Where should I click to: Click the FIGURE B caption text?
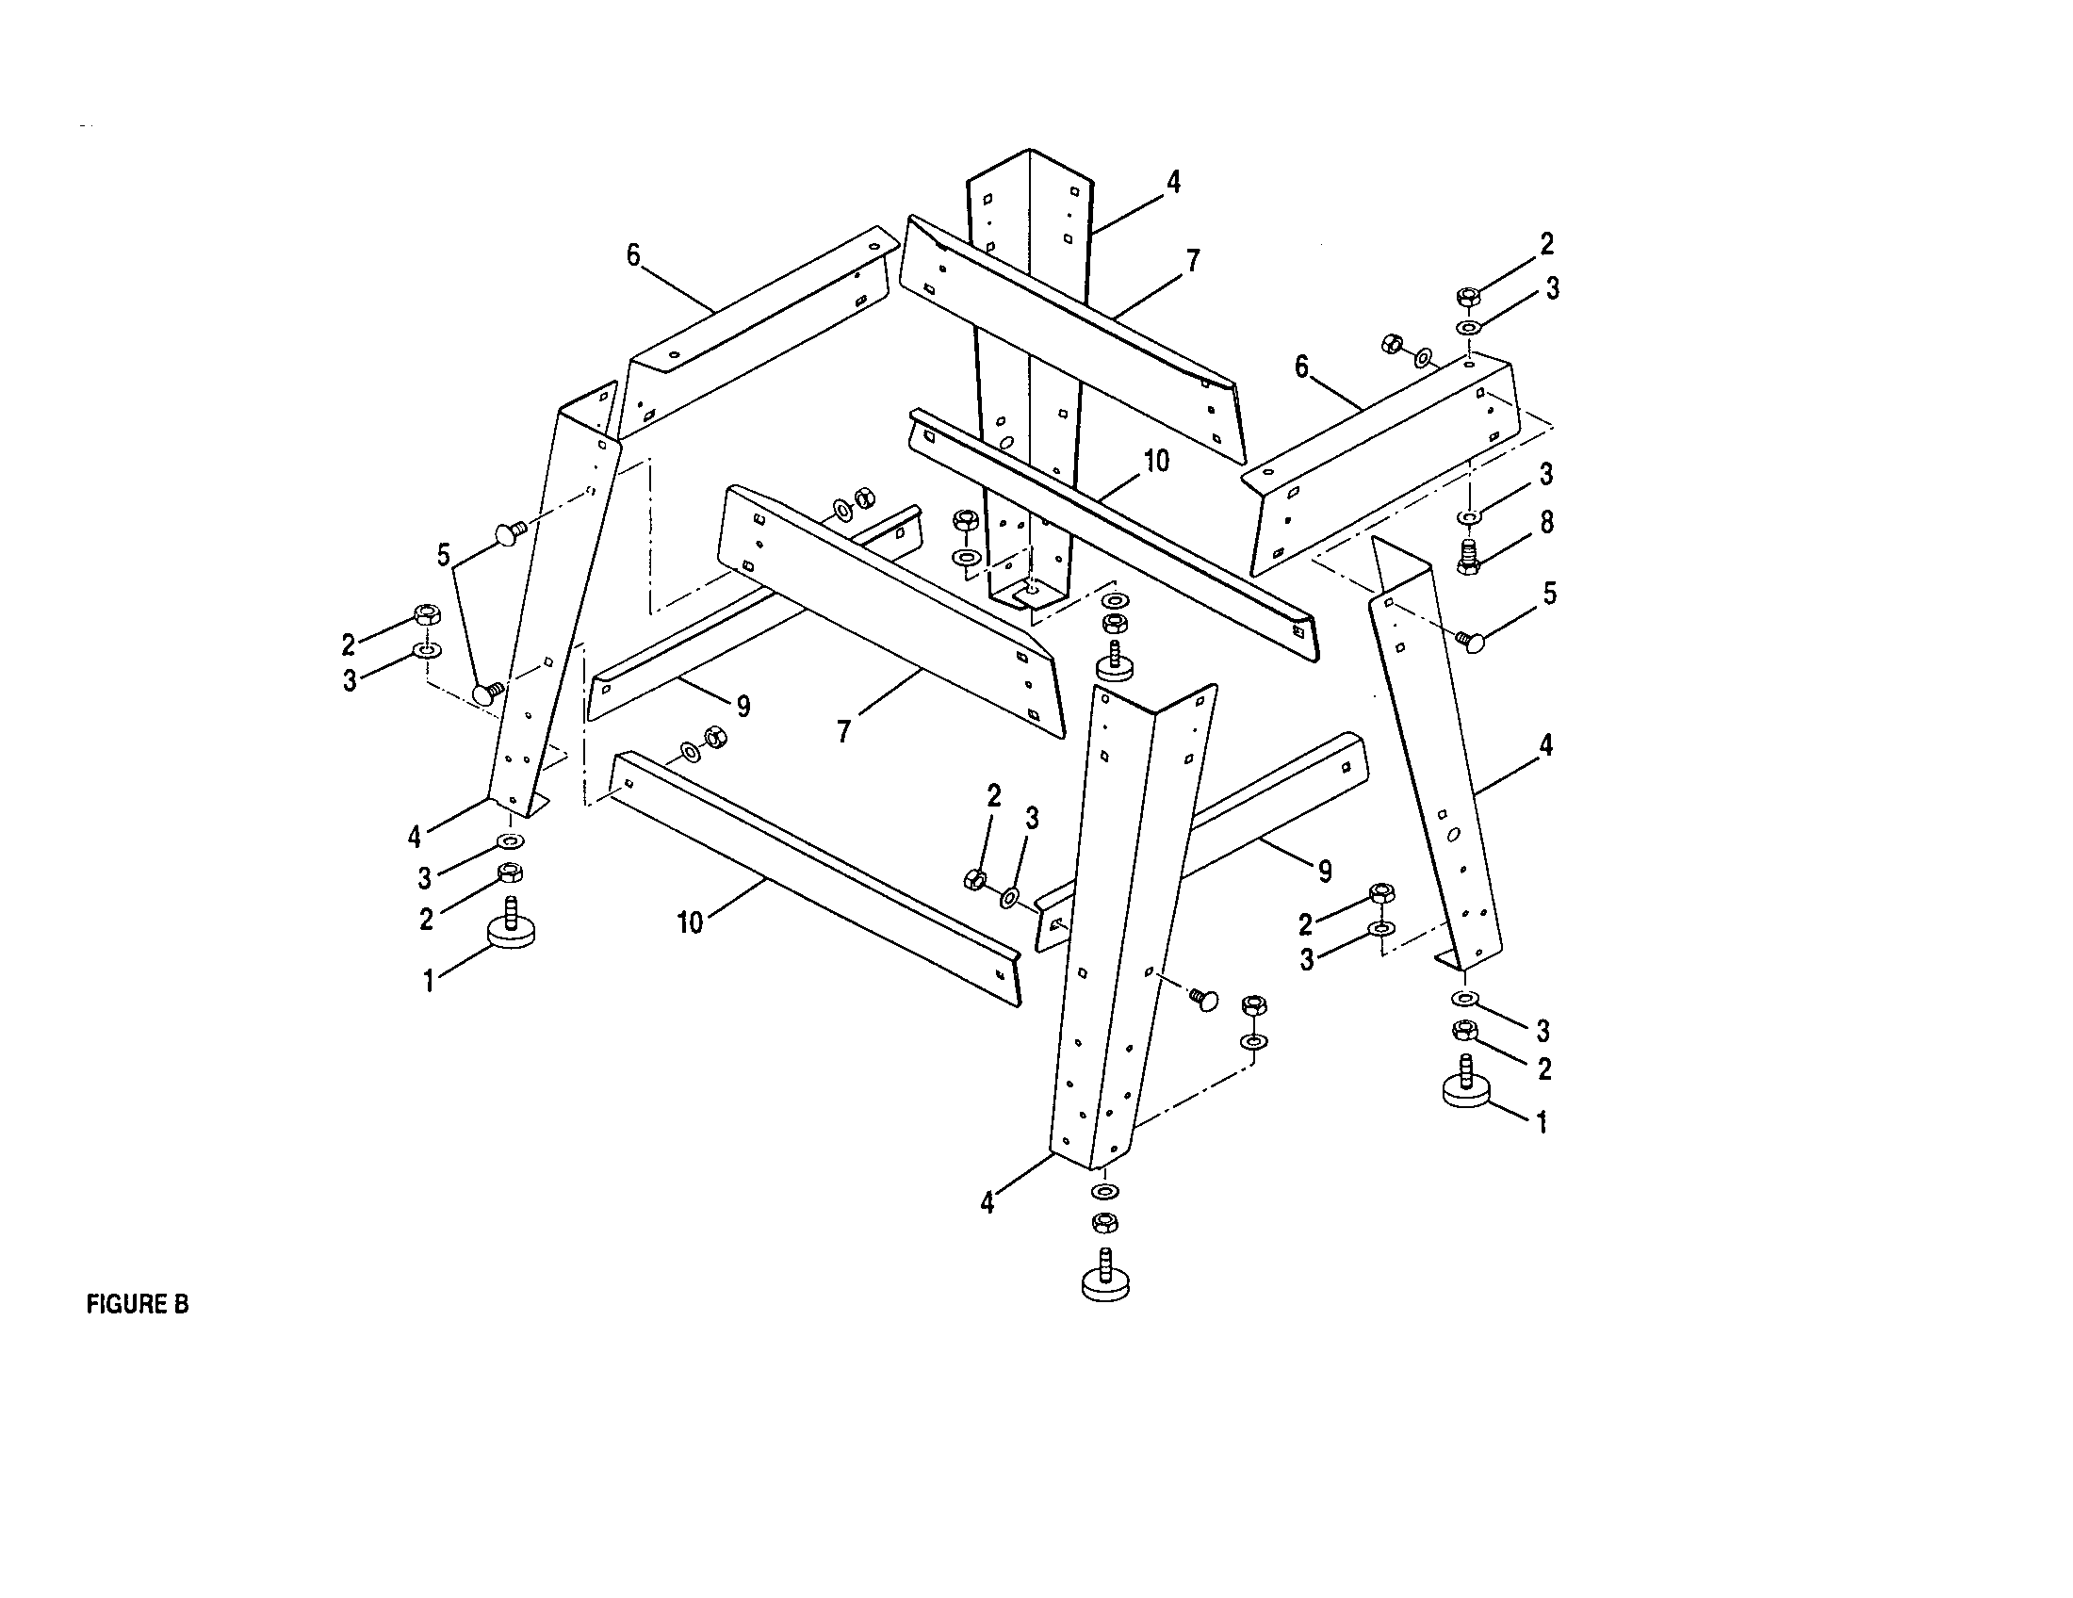click(138, 1305)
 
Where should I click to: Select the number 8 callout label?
click(1546, 523)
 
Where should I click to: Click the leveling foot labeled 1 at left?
click(511, 927)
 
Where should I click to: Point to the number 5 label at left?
click(443, 555)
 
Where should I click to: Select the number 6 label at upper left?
click(633, 255)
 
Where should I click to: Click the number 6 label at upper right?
click(1302, 367)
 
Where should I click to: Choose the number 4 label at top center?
click(1173, 182)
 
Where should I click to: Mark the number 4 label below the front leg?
click(988, 1203)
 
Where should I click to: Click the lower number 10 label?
click(690, 922)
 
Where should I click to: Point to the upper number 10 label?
click(1156, 462)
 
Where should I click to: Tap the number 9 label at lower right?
click(1324, 871)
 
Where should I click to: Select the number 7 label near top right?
click(1192, 261)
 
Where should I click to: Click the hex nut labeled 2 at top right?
click(1467, 297)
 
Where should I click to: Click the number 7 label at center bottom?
click(843, 730)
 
